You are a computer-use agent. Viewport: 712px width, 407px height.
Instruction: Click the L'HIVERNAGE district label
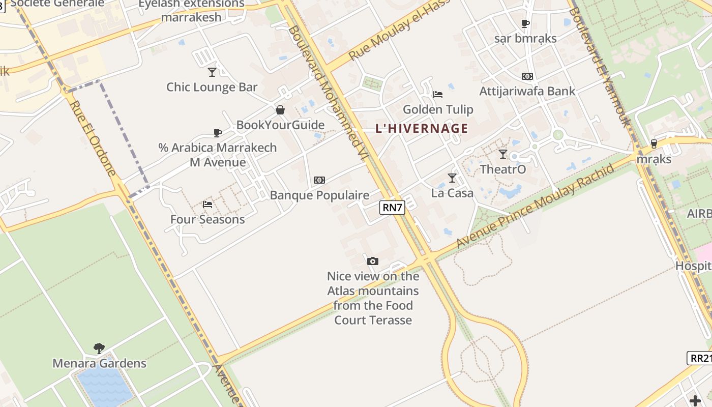422,128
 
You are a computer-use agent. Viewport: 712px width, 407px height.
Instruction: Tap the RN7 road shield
392,207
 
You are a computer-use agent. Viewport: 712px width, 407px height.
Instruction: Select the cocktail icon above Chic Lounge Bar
212,72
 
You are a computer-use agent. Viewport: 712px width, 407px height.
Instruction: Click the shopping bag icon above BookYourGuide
280,110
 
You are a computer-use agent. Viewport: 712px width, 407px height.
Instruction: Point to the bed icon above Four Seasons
207,205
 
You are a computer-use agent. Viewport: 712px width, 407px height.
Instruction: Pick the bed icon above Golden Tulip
437,95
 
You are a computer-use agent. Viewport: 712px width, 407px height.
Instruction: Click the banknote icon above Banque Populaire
319,180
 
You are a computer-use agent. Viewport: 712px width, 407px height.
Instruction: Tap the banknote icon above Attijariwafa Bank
527,76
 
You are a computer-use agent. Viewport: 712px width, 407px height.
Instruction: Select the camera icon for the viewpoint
373,261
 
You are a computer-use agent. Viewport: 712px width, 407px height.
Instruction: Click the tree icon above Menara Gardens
99,348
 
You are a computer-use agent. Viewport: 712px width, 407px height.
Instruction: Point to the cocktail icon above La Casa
452,178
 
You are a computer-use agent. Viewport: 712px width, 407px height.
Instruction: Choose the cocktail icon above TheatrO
503,154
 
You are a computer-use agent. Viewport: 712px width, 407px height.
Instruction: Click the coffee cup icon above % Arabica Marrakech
218,133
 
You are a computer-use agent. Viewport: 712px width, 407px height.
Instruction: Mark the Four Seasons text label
207,220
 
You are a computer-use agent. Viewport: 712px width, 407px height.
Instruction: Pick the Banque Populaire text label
319,195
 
